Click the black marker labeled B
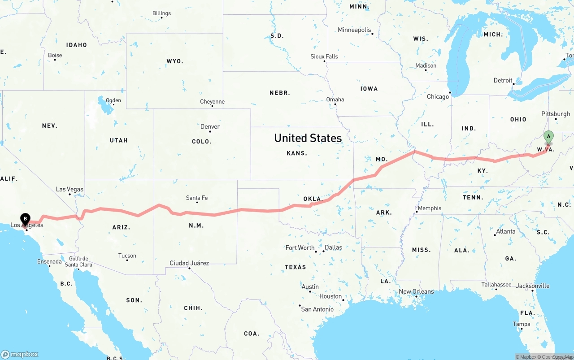25,219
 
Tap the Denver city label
210,126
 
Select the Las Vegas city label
70,189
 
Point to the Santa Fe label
197,198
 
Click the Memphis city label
429,208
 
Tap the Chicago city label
438,96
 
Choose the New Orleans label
416,291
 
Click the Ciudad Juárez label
189,263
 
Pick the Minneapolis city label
354,30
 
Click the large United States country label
308,138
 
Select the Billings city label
161,13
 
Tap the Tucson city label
127,256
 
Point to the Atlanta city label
505,231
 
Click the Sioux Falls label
324,56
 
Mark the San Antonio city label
317,309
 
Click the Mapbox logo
20,354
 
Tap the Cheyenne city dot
212,106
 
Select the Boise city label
55,55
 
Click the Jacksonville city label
532,286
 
